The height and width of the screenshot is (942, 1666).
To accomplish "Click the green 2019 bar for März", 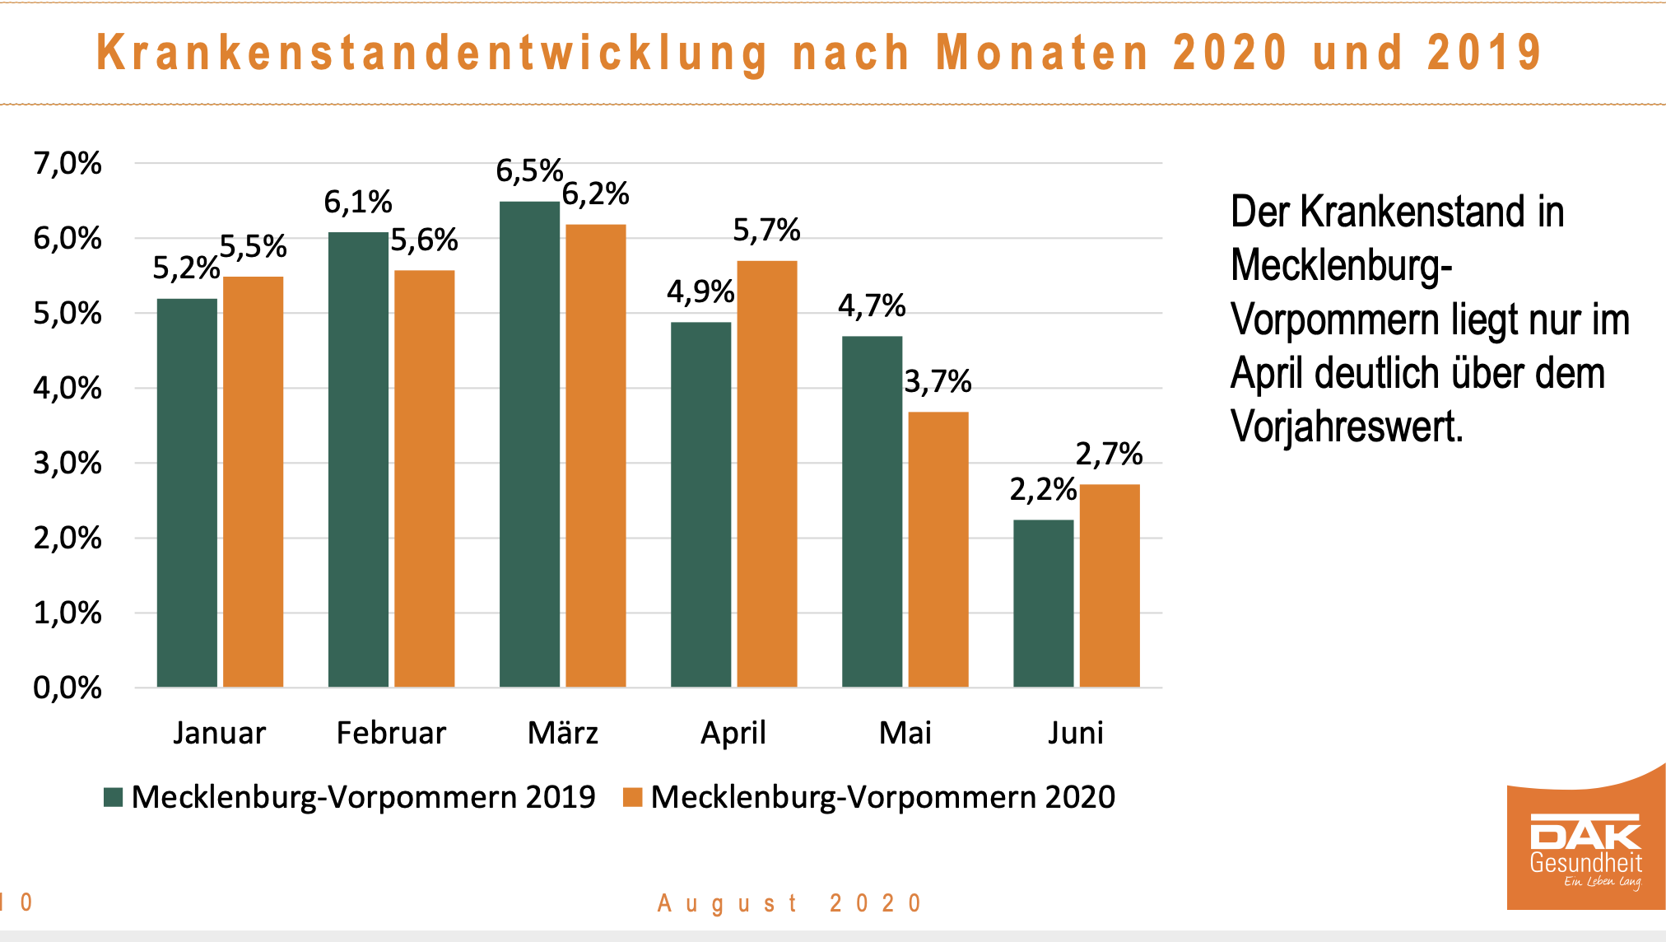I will pos(529,445).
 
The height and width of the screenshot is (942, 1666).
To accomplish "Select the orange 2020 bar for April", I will pos(766,473).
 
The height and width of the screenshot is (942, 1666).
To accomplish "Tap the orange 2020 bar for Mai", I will pos(938,549).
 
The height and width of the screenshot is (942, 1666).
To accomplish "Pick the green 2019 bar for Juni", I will pos(1043,603).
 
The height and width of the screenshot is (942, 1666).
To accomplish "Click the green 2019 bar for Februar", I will pos(358,459).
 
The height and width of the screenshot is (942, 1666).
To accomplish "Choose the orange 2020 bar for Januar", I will pos(253,482).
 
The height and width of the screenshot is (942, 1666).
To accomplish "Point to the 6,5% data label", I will pos(528,171).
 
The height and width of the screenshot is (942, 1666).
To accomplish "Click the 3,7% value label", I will pos(938,382).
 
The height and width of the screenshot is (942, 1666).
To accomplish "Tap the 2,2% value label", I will pos(1042,490).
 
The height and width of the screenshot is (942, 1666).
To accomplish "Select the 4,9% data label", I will pos(700,291).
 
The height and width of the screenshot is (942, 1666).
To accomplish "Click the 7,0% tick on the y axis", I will pos(67,164).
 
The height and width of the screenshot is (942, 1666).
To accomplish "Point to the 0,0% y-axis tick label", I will pos(67,688).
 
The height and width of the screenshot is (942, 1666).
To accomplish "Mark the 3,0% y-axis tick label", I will pos(67,464).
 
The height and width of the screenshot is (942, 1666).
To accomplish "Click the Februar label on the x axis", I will pos(391,733).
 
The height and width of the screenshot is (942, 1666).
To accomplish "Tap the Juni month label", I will pos(1075,733).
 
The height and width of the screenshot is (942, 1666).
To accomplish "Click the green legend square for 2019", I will pos(113,797).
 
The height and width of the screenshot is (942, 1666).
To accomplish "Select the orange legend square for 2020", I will pos(632,797).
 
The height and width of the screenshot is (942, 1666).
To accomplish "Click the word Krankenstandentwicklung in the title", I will pos(432,54).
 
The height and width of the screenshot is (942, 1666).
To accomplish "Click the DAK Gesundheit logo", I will pos(1585,848).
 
